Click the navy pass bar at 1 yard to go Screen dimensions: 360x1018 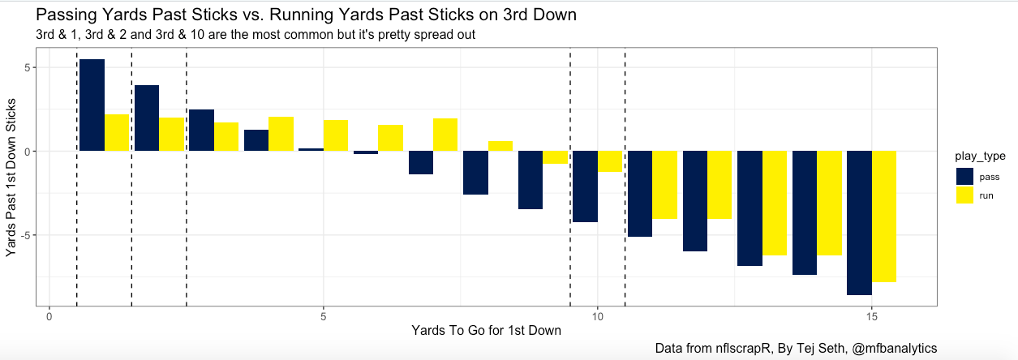point(92,105)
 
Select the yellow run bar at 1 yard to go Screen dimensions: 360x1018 point(117,133)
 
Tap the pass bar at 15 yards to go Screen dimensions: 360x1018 point(859,223)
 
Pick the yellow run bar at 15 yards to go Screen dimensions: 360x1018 point(884,216)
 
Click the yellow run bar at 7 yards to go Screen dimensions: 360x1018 point(445,135)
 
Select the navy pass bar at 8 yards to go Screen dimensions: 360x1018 point(475,173)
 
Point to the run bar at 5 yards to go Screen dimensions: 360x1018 point(336,135)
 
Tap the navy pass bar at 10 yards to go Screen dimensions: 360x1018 point(585,186)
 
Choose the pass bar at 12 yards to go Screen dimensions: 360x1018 point(694,201)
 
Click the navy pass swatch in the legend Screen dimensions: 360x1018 point(965,176)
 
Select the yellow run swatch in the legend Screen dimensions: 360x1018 point(965,195)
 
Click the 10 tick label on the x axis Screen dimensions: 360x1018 point(598,315)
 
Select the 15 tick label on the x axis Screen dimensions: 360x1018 point(871,315)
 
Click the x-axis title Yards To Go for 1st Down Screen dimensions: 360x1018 point(486,331)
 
